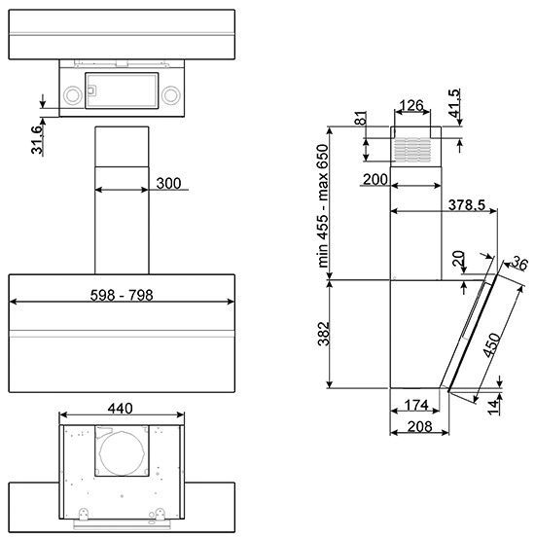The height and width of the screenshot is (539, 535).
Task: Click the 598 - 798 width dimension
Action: (x=122, y=295)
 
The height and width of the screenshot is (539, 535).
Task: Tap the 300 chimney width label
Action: (x=168, y=183)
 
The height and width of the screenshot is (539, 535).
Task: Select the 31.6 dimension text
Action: (x=37, y=139)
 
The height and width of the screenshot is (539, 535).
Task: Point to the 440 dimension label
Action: (x=121, y=409)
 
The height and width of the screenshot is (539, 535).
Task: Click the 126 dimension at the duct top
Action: (x=412, y=105)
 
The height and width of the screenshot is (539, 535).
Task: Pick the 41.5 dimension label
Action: (x=454, y=103)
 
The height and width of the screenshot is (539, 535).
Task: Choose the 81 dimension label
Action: (x=361, y=119)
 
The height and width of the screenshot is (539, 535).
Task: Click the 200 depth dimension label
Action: (x=375, y=179)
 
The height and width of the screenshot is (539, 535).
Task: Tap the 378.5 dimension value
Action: (x=467, y=205)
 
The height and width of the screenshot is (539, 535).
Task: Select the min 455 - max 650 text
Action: (x=323, y=205)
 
